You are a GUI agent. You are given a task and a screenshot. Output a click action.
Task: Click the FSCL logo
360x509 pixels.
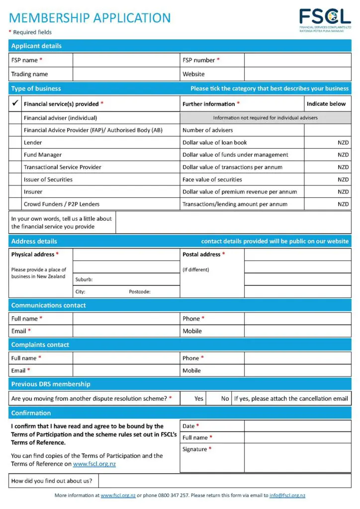click(x=325, y=19)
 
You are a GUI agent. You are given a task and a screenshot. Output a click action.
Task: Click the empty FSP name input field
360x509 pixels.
click(x=126, y=60)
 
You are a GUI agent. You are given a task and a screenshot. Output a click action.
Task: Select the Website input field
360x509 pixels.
click(x=297, y=74)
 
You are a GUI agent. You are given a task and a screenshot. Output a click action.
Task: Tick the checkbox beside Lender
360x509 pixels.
click(x=15, y=142)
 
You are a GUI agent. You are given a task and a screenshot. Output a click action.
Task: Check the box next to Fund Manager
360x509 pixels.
click(x=15, y=155)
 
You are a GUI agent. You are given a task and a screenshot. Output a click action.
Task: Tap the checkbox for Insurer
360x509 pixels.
click(x=15, y=191)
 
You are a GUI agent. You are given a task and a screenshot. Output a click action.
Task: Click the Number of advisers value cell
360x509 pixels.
click(x=327, y=130)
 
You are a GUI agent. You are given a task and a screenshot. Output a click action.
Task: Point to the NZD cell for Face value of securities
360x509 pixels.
click(x=327, y=179)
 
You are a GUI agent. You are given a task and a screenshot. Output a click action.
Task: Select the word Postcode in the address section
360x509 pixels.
click(x=139, y=292)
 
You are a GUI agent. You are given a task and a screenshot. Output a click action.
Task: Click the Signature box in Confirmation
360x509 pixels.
click(x=297, y=457)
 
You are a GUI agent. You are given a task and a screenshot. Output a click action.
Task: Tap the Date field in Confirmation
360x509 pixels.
click(x=297, y=426)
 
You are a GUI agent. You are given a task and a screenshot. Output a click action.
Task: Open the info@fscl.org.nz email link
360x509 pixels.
click(x=287, y=496)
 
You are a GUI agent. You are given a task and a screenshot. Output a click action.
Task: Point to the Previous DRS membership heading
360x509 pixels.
click(x=51, y=384)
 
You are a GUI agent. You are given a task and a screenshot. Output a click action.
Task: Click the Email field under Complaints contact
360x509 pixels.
click(x=126, y=370)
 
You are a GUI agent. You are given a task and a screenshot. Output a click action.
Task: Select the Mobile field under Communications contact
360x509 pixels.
click(x=297, y=331)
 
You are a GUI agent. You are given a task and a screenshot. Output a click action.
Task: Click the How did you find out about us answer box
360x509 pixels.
click(x=225, y=481)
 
